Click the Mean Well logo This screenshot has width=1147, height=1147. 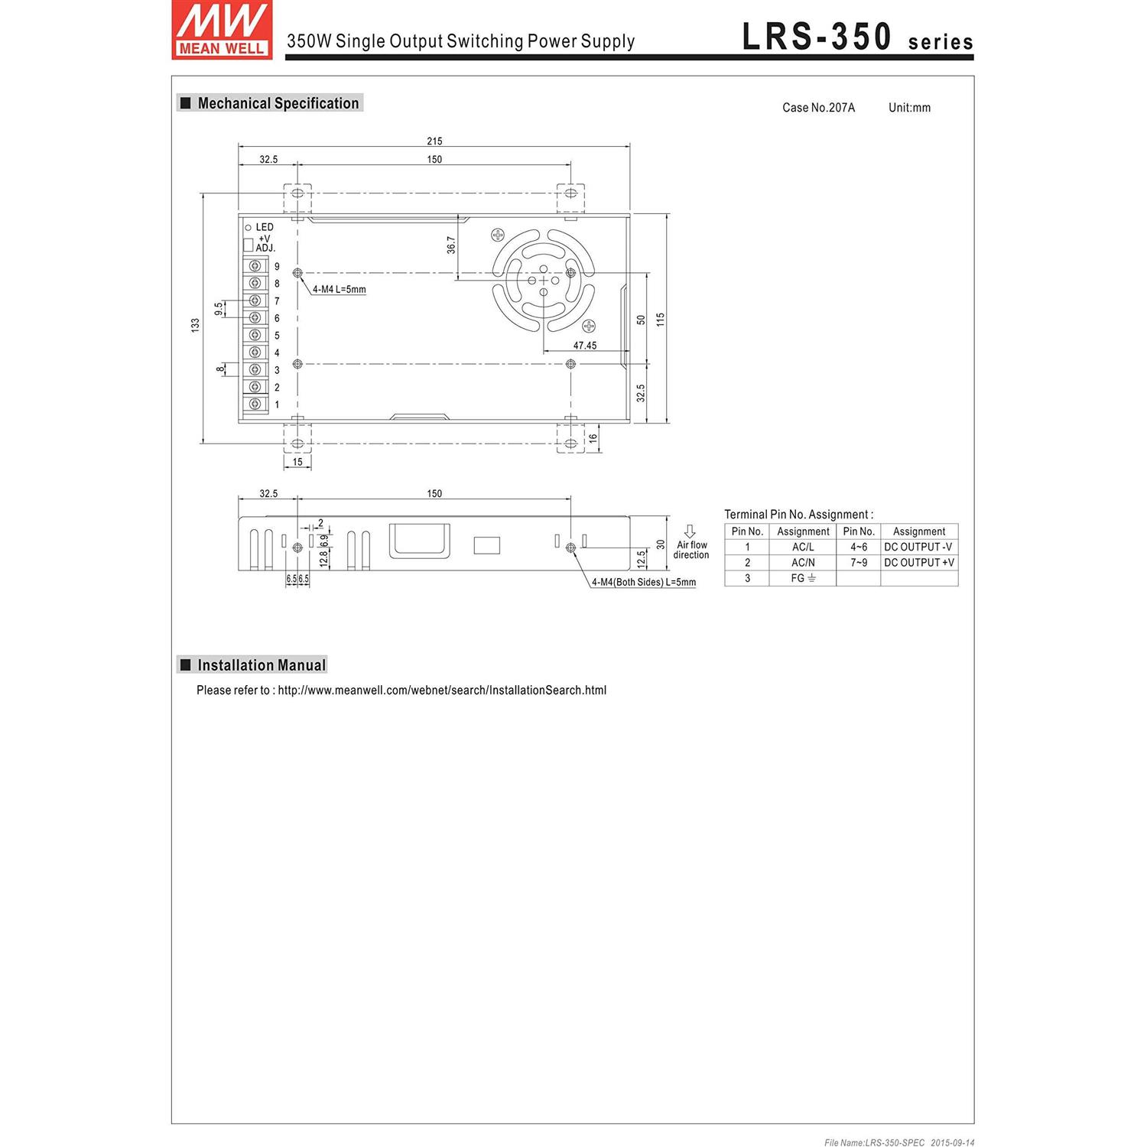pos(222,30)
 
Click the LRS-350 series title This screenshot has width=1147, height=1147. pos(857,37)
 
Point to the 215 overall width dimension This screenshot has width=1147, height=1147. pos(434,141)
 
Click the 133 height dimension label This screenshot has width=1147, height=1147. pos(195,325)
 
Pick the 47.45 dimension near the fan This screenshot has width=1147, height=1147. pos(585,346)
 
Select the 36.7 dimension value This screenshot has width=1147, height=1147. pos(451,245)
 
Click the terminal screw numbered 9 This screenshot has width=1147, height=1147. pos(255,266)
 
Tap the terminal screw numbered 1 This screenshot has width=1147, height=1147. pos(255,404)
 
